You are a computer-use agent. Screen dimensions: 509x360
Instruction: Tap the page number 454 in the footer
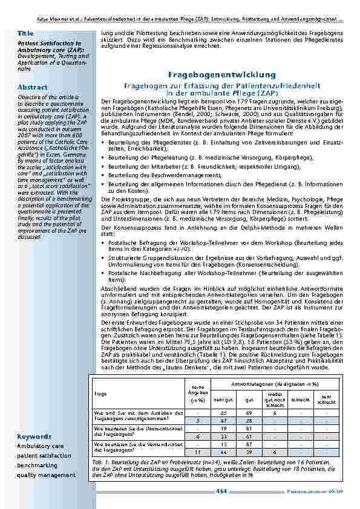click(x=221, y=491)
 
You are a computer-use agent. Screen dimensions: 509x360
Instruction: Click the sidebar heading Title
click(x=25, y=31)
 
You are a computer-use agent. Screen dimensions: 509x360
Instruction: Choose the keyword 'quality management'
click(x=47, y=475)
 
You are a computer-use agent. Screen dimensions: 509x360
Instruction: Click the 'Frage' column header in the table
click(x=100, y=393)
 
